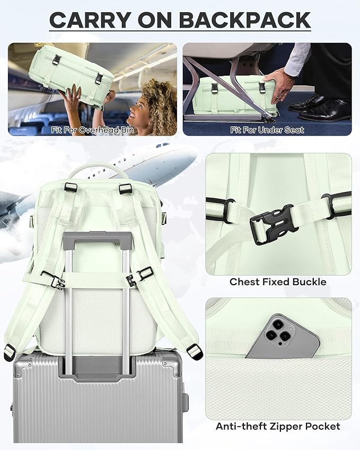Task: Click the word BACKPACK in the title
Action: (x=245, y=20)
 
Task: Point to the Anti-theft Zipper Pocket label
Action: (x=278, y=426)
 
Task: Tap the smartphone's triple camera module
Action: (x=278, y=330)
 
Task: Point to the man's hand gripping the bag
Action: (x=276, y=82)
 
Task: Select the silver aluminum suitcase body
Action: (x=98, y=403)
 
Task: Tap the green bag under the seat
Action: (x=233, y=95)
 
